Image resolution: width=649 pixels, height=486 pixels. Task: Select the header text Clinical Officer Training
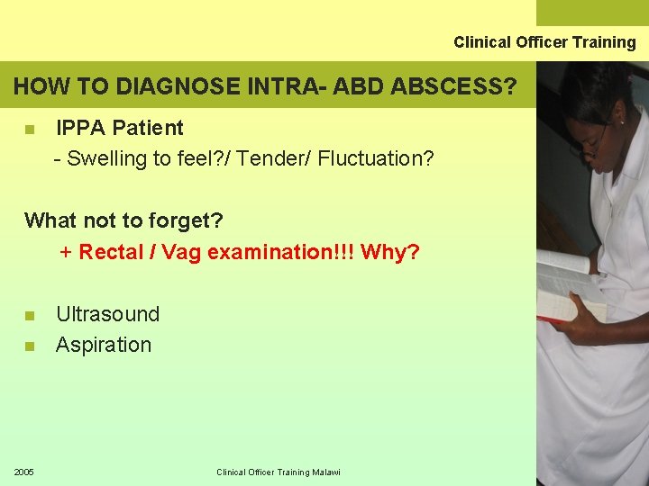point(544,42)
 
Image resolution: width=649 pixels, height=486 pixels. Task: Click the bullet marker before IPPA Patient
point(30,130)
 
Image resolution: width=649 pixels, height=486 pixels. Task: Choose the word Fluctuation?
point(376,159)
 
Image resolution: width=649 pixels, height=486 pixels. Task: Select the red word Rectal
point(112,252)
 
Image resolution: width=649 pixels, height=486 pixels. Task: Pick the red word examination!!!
point(281,252)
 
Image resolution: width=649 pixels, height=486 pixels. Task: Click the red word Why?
point(390,252)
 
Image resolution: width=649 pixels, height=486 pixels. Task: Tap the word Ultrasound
point(107,314)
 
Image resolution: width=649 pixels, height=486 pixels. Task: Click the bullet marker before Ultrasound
point(30,316)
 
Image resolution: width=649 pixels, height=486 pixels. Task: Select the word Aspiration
point(104,345)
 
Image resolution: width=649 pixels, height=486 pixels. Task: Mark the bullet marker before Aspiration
point(30,346)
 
